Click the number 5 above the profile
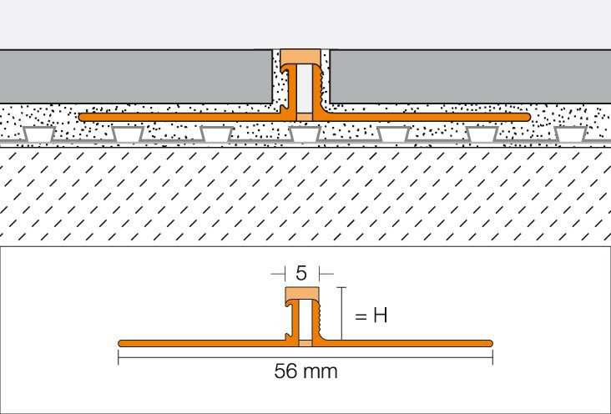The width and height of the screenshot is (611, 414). [x=300, y=273]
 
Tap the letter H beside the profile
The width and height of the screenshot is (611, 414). [x=381, y=316]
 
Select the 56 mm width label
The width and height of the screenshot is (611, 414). [x=305, y=371]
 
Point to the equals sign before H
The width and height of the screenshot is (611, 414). [x=361, y=316]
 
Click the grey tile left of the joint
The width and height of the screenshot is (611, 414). [x=136, y=77]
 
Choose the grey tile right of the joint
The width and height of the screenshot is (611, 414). [x=470, y=77]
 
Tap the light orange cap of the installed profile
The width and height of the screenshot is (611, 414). [x=300, y=57]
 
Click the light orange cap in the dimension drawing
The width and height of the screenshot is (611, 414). [x=302, y=294]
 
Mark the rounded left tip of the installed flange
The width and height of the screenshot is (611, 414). [x=81, y=117]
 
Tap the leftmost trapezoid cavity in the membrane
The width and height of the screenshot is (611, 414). [x=38, y=134]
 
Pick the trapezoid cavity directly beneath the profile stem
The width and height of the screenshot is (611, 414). [x=305, y=134]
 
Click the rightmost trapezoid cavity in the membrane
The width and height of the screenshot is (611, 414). [x=570, y=134]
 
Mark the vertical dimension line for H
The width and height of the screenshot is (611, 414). [x=341, y=314]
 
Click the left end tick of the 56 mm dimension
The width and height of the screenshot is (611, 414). [x=119, y=357]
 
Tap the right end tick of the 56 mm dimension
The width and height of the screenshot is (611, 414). [x=493, y=357]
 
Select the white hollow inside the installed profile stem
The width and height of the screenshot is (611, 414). [x=305, y=88]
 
